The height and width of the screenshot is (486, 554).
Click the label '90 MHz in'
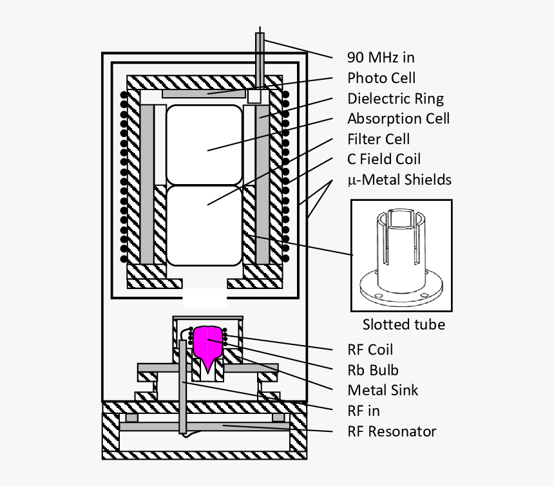381,57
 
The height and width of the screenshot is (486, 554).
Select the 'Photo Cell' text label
381,78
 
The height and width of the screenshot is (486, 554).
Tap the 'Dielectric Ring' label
395,98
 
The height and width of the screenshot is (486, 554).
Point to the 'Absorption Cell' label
398,118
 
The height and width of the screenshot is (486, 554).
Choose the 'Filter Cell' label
378,139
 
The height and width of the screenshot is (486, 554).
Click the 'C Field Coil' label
384,159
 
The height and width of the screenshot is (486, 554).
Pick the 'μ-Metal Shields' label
399,180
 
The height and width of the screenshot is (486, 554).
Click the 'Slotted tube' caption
403,324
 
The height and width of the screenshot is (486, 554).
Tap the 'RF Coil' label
370,350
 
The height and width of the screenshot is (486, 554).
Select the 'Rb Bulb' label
372,370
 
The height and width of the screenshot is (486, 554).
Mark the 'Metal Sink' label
383,390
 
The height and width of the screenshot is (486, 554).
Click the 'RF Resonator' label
392,431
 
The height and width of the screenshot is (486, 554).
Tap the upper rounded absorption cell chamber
204,145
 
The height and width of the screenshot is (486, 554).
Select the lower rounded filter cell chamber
204,225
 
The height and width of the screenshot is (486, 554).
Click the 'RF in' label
363,411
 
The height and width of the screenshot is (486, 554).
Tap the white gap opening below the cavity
204,297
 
